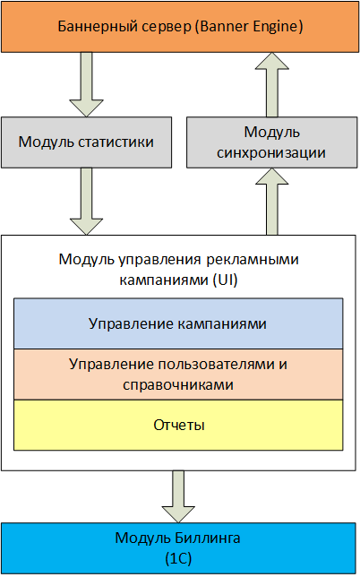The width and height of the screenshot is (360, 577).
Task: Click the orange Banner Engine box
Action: tap(180, 27)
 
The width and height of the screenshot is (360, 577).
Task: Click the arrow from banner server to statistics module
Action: tap(86, 84)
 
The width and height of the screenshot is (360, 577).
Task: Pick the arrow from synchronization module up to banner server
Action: tap(272, 84)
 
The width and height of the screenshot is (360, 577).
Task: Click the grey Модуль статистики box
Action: tap(86, 142)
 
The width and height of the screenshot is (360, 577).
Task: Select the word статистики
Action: tap(116, 142)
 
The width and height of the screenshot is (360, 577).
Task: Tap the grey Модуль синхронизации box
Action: tap(272, 142)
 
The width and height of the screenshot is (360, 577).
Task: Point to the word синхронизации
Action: tap(271, 153)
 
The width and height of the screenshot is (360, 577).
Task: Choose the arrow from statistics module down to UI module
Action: tap(86, 202)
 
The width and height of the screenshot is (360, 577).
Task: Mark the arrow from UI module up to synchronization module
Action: tap(271, 202)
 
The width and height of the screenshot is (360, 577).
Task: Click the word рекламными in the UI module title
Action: tap(253, 260)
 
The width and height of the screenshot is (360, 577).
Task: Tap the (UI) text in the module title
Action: tap(226, 280)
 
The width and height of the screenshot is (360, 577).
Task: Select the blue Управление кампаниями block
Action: tap(178, 323)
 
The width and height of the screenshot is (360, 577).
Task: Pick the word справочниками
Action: tap(178, 385)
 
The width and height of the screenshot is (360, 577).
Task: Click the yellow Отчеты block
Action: tap(178, 425)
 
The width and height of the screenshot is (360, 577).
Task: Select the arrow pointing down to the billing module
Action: tap(178, 496)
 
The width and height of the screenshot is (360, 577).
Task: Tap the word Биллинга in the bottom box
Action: tap(208, 538)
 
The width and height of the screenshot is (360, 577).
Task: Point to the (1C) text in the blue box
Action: tap(179, 559)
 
